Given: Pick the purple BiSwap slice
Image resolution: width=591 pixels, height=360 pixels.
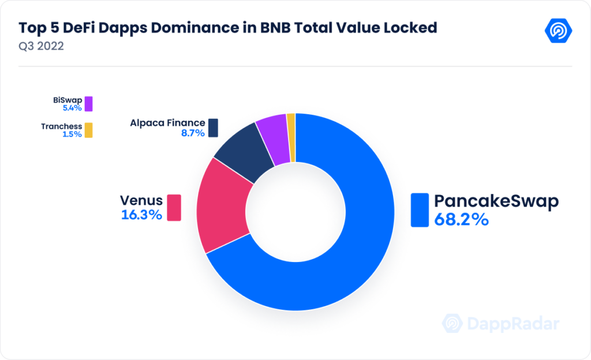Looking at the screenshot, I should click(274, 136).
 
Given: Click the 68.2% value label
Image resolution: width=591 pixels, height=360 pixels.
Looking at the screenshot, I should click(459, 220).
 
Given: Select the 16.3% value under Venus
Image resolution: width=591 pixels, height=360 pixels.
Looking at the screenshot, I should click(141, 215).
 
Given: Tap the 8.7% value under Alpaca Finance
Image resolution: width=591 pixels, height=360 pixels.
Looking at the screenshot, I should click(193, 133).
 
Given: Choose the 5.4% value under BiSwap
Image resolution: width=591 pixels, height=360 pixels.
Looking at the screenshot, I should click(69, 107).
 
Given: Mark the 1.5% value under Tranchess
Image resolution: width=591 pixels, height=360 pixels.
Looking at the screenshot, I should click(69, 134).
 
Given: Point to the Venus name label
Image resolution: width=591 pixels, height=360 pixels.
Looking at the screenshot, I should click(141, 200).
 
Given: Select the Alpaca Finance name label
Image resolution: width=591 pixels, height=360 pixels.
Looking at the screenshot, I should click(167, 123).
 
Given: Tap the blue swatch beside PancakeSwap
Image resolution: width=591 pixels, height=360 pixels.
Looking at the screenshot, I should click(419, 210).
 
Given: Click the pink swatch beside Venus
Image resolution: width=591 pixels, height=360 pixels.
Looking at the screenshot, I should click(174, 208).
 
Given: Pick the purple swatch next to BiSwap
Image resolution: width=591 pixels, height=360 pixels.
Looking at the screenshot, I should click(88, 104).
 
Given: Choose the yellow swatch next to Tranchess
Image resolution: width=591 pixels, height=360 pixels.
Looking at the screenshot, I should click(88, 130).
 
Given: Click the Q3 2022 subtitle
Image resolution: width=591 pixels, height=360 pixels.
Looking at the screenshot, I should click(41, 46).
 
